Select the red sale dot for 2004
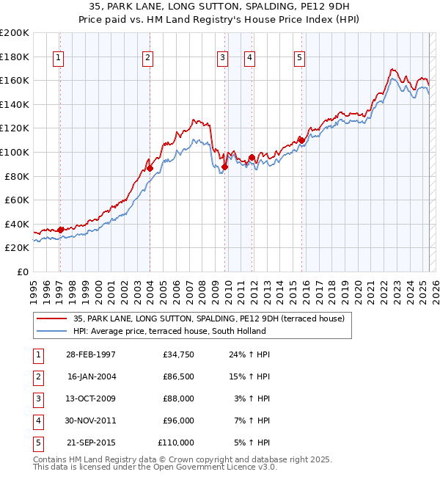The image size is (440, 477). pyautogui.click(x=150, y=168)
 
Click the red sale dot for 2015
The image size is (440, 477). pyautogui.click(x=301, y=140)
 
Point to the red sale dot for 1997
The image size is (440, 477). pyautogui.click(x=61, y=230)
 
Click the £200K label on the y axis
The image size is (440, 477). pyautogui.click(x=15, y=33)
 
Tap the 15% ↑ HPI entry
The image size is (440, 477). pyautogui.click(x=252, y=376)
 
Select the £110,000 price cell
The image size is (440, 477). pyautogui.click(x=176, y=443)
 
